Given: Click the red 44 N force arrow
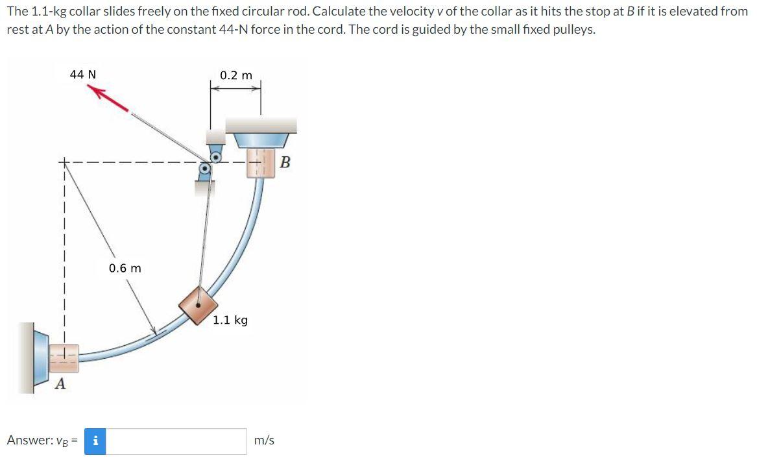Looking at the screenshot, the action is (108, 98).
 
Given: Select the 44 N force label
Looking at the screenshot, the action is (83, 75).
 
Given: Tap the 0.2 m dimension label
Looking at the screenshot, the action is (236, 75).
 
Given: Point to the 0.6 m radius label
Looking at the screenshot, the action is (125, 268).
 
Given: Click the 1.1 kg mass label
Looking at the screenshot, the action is (230, 320).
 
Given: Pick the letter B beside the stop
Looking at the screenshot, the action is (285, 162).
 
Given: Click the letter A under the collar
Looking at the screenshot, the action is (60, 383).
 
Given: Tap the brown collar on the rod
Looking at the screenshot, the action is (198, 305).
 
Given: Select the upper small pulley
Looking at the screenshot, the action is (216, 157).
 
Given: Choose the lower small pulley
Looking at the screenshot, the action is (205, 169).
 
